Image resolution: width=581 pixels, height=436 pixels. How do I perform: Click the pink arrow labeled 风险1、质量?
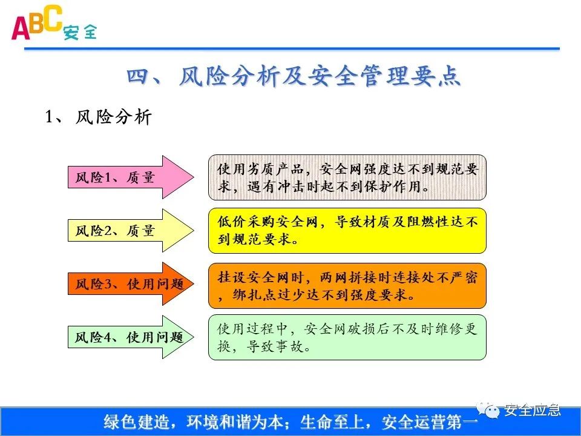click(127, 177)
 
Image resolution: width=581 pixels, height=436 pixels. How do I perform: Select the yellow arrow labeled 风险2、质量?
click(127, 230)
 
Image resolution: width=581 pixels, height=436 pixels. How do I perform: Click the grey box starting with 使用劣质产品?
click(347, 177)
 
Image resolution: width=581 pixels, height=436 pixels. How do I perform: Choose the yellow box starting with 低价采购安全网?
click(347, 230)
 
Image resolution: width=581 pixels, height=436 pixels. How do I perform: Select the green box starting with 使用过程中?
click(347, 337)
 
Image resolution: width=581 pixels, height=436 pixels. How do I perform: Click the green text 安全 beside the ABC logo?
click(79, 32)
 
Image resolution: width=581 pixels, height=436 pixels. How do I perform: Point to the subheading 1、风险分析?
click(98, 117)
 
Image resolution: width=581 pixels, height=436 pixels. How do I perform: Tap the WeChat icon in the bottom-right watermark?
click(491, 411)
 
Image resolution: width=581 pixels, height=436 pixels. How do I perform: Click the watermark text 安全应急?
click(533, 411)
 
